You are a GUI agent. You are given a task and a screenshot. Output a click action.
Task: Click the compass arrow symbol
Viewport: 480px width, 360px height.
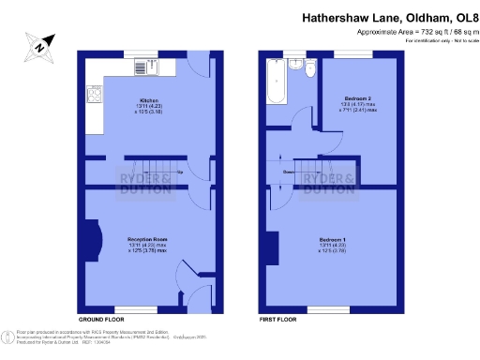point(40,44)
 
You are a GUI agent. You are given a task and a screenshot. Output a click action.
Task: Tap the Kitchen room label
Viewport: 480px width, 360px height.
point(148,99)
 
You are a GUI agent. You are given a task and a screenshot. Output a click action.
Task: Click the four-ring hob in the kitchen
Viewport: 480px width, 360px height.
point(95,94)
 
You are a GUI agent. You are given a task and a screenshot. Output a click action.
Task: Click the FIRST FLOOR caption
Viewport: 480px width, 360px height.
point(279,320)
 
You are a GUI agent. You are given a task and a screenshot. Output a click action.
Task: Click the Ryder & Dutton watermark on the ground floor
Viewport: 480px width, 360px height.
point(144,183)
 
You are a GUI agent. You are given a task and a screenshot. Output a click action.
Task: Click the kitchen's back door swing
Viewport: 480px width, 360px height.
point(200,67)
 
